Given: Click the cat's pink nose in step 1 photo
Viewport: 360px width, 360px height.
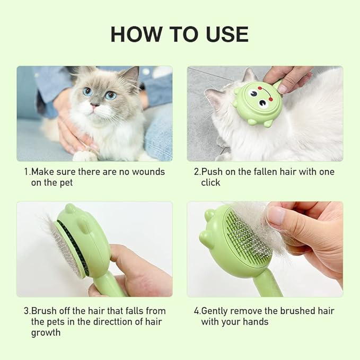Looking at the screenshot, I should pyautogui.click(x=93, y=106).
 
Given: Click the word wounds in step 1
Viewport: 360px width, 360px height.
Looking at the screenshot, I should pyautogui.click(x=141, y=172).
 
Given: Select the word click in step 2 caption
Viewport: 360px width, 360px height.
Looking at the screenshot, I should pyautogui.click(x=210, y=182).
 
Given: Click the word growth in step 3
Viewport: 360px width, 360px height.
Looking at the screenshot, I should pyautogui.click(x=46, y=332).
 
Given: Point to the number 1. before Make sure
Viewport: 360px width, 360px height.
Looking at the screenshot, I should pyautogui.click(x=27, y=172).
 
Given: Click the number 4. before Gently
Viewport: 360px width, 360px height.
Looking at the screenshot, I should pyautogui.click(x=197, y=311).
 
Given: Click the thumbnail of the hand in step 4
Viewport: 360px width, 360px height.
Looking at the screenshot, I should pyautogui.click(x=276, y=215).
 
